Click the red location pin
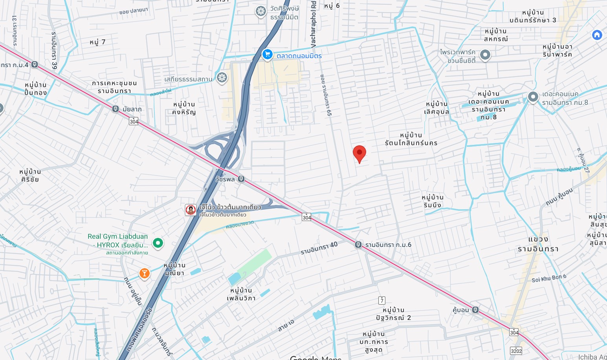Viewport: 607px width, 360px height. coord(359,153)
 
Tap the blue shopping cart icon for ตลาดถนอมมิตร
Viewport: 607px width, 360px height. coord(267,55)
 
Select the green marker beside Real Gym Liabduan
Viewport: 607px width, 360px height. coord(158,243)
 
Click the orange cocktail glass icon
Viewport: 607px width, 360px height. coord(144,273)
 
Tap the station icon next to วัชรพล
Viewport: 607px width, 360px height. coord(241,179)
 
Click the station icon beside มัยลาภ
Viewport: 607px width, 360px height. coord(116,109)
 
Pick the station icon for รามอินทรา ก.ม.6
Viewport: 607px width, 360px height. coord(358,245)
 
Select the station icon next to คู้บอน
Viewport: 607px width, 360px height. coord(475,310)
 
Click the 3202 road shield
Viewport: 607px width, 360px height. coord(516,351)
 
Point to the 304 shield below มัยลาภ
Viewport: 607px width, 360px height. coord(134,121)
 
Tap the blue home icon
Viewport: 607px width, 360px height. coord(597,35)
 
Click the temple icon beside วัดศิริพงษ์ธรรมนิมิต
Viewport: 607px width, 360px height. coord(260,11)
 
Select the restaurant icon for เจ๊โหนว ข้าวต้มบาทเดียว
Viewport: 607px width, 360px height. coord(191,210)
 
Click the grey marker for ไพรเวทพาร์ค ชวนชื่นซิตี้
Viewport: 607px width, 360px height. coord(485,55)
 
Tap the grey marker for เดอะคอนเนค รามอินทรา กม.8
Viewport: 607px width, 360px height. coord(533,97)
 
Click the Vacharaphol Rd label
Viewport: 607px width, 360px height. coord(313,24)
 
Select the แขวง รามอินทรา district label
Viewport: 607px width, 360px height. coord(538,244)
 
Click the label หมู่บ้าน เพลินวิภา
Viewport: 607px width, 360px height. coord(241,294)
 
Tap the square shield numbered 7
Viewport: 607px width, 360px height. coord(381,300)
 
